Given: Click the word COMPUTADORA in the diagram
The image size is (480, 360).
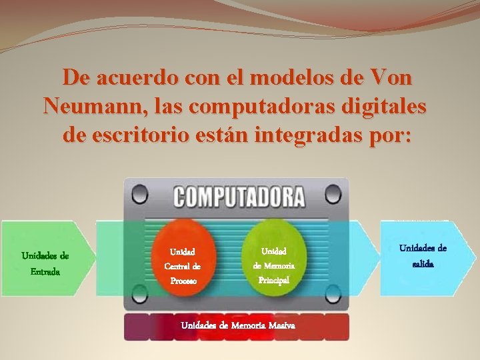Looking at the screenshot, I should point(239,197).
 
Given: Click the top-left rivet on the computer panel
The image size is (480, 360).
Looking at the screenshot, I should point(139,195).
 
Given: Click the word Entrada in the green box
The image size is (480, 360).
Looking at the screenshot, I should point(45,271).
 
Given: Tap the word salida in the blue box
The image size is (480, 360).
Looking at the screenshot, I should point(423,264).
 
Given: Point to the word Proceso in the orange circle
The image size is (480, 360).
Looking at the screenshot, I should point(183,281).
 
